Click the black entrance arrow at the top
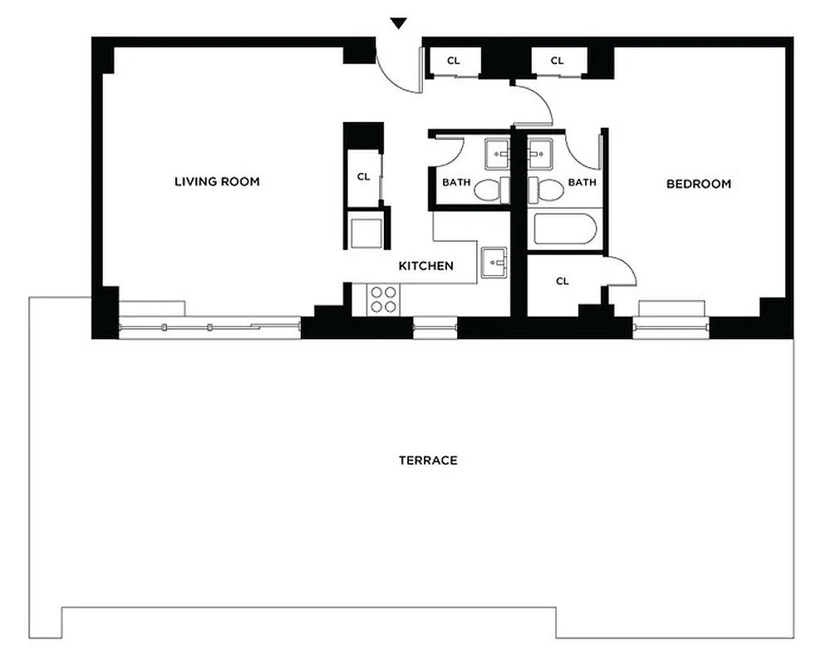click(x=399, y=24)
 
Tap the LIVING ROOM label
click(x=217, y=181)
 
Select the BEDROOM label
click(x=699, y=184)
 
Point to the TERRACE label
click(x=428, y=461)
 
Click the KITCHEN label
click(x=426, y=266)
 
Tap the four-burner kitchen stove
click(x=383, y=299)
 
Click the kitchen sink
click(x=494, y=264)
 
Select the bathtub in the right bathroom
click(x=565, y=229)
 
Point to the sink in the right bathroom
click(x=539, y=153)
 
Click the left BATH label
click(x=455, y=183)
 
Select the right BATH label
click(x=582, y=183)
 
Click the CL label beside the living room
click(x=363, y=176)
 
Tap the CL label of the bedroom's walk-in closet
click(x=563, y=281)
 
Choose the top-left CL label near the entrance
click(x=454, y=61)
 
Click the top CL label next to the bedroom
click(x=558, y=61)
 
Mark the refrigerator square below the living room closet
click(x=366, y=232)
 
